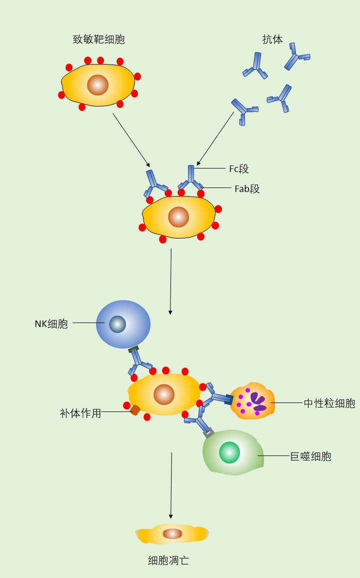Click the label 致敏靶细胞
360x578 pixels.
pos(98,39)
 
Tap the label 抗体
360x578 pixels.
pos(272,39)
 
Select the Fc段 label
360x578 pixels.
pos(238,169)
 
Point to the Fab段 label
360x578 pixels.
pos(247,189)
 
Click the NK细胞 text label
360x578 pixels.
pos(51,323)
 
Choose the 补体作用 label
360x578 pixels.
pos(80,413)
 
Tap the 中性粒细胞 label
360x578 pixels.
pos(329,403)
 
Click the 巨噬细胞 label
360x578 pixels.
pos(310,456)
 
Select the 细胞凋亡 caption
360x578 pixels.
pos(168,560)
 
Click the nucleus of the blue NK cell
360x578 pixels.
pos(117,324)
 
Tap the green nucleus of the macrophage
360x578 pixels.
pos(229,452)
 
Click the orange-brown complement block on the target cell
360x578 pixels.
pos(135,410)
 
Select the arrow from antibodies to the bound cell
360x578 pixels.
pos(215,138)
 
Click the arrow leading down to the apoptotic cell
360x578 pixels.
pos(171,485)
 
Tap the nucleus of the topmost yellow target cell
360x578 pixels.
pos(97,85)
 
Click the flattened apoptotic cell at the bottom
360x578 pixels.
pos(172,534)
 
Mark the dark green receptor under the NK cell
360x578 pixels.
pos(133,349)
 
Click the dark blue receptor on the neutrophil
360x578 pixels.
pos(229,399)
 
